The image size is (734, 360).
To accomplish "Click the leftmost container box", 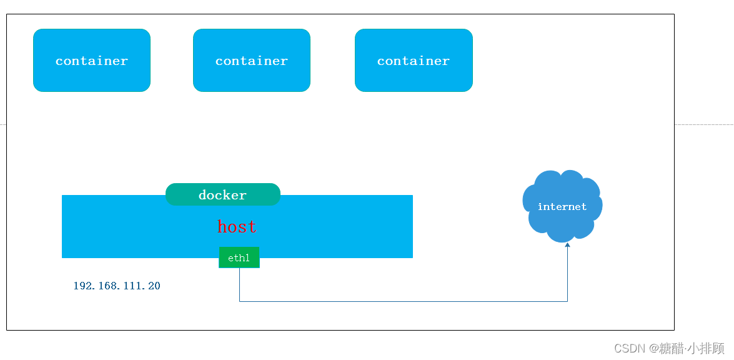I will point(92,61).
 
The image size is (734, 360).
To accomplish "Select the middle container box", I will point(252,61).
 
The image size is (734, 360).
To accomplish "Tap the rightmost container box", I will point(414,61).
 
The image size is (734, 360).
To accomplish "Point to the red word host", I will point(237,227).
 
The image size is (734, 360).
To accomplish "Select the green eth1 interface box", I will point(239,257).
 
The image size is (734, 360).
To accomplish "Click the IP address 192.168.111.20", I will point(117,286).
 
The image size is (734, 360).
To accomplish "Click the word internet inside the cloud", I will point(562,207).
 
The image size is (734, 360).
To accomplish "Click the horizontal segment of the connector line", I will point(403,301).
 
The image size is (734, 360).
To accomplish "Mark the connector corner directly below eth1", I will point(240,301).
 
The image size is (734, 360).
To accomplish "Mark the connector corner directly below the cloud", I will point(567,301).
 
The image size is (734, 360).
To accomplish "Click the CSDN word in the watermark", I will point(629,348).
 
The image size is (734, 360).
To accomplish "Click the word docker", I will point(222,195).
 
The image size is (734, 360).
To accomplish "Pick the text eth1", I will point(239,258).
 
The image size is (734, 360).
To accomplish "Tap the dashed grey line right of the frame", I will point(703,124).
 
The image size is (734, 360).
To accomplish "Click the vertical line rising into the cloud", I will point(567,275).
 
